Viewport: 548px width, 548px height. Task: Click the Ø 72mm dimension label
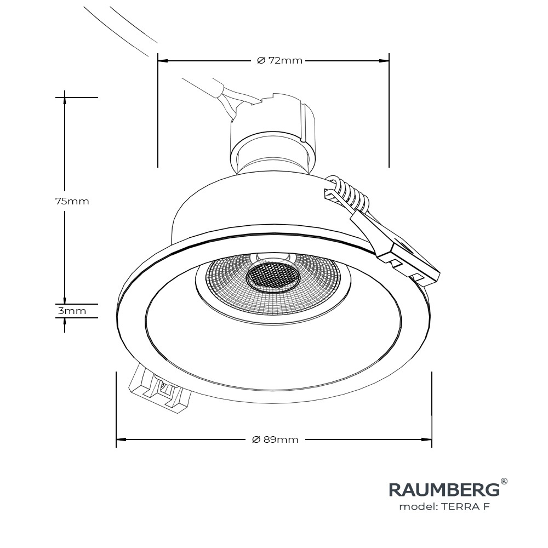279,60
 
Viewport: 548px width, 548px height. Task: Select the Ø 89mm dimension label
275,439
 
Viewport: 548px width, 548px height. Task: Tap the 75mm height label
72,201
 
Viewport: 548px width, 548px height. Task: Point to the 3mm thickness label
72,311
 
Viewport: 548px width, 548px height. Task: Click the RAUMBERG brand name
444,489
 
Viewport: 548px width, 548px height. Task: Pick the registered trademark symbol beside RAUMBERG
504,482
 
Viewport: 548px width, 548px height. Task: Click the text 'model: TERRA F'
444,506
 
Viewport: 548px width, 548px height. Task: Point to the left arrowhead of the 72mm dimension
162,60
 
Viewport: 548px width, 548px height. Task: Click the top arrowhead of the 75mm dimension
65,99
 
